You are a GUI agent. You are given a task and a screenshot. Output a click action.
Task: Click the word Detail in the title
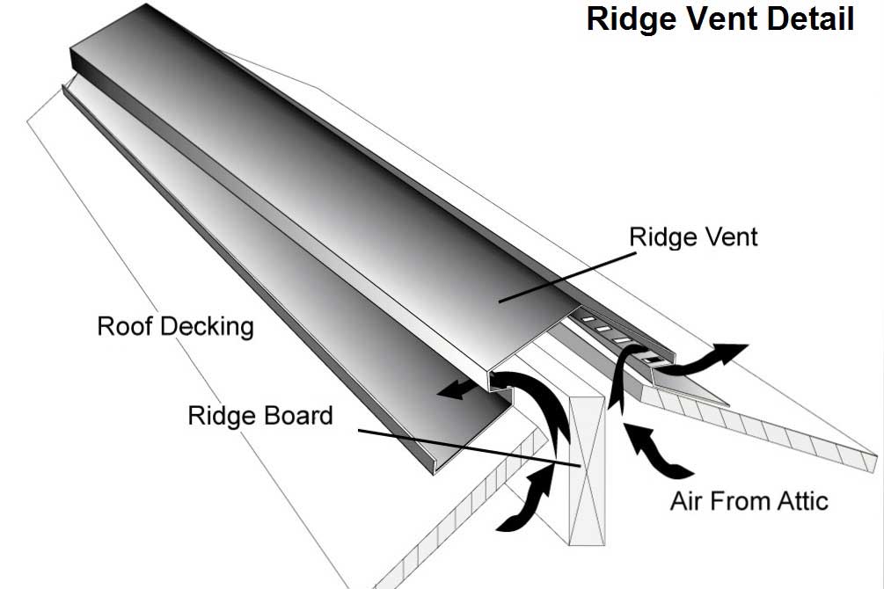coord(807,19)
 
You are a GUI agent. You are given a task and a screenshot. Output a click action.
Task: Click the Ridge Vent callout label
coord(693,236)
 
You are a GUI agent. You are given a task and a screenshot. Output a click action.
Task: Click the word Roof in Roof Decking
coord(120,326)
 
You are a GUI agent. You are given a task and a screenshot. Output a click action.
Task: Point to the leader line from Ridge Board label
coord(466,446)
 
